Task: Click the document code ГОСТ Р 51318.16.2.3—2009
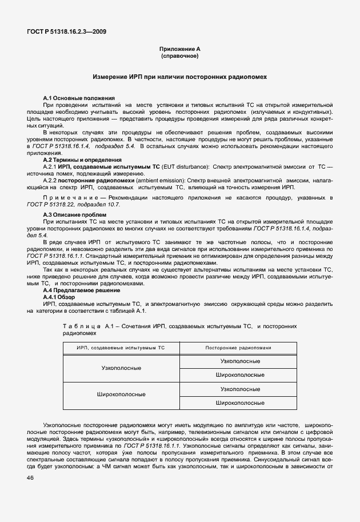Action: (x=66, y=31)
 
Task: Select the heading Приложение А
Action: (x=179, y=50)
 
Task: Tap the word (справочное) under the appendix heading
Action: (x=179, y=57)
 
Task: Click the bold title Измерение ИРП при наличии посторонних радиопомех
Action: (x=179, y=76)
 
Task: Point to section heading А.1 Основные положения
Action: (x=79, y=98)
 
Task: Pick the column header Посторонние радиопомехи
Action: (x=239, y=347)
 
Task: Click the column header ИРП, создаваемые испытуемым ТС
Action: (x=121, y=347)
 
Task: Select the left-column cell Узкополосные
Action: (x=121, y=368)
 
